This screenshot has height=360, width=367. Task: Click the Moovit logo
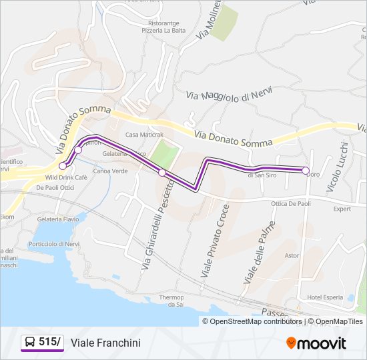click(316, 343)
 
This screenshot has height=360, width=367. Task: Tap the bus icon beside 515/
click(30, 343)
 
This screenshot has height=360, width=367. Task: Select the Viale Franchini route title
click(105, 343)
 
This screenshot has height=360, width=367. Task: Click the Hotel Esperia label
click(325, 297)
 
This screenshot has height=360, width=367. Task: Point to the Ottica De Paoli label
click(291, 203)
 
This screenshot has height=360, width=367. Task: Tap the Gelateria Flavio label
click(58, 219)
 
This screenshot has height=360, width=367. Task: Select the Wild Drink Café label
click(66, 178)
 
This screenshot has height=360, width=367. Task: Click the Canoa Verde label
click(110, 171)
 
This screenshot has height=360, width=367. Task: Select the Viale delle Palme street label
click(260, 253)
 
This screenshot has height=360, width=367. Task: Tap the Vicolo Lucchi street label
click(338, 167)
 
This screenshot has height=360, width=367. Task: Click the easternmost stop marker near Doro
click(306, 171)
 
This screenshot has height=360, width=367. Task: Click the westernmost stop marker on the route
click(63, 165)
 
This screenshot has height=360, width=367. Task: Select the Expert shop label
click(342, 209)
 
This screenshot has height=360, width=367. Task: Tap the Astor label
click(292, 255)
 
